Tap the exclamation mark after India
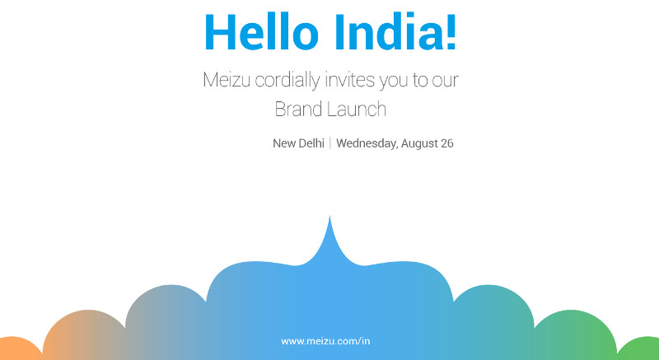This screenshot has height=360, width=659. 450,32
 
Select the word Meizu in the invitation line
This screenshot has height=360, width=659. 227,80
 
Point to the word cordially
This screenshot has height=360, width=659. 287,81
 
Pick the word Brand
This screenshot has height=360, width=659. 299,110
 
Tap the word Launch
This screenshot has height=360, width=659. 357,110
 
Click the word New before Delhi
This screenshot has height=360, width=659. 284,143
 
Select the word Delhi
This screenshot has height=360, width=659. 311,143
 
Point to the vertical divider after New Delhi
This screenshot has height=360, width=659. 330,143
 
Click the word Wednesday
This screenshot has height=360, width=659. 367,143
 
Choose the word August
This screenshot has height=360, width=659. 419,144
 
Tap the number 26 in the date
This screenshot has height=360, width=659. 447,143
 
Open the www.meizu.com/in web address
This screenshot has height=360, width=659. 325,341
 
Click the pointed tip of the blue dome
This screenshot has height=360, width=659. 329,216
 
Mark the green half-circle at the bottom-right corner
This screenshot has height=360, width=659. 640,349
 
